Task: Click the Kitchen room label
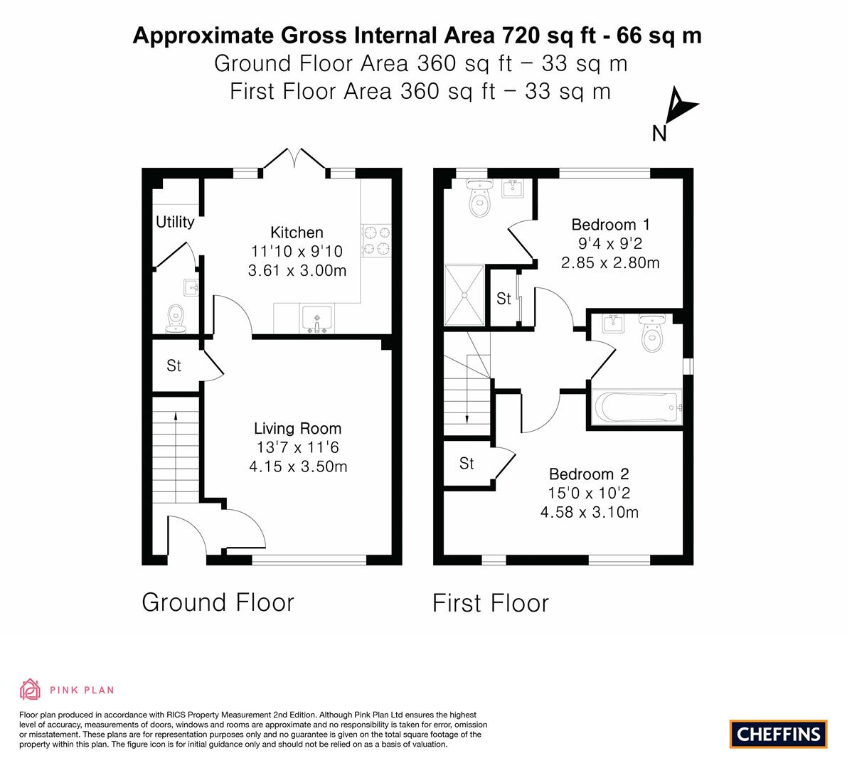[x=297, y=233]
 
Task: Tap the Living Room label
[x=298, y=429]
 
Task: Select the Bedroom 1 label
[x=610, y=225]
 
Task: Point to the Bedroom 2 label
[x=589, y=474]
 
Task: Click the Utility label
[x=175, y=222]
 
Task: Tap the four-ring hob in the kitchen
[x=376, y=240]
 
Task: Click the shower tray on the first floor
[x=464, y=295]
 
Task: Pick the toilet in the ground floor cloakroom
[x=176, y=319]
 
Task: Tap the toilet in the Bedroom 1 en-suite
[x=479, y=199]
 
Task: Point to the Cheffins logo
[x=779, y=734]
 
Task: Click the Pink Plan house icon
[x=31, y=689]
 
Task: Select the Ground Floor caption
[x=218, y=602]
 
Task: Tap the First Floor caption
[x=491, y=603]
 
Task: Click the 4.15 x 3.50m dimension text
[x=298, y=466]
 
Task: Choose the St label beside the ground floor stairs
[x=174, y=366]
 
